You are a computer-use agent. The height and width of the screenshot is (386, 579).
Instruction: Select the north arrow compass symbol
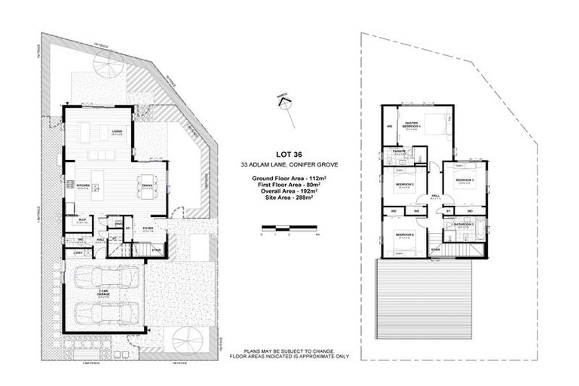point(284,103)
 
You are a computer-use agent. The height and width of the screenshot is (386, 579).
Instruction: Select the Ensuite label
point(399,152)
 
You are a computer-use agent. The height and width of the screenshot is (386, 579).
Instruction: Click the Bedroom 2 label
point(404,185)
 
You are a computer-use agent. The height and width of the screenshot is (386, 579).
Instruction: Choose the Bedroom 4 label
point(404,235)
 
